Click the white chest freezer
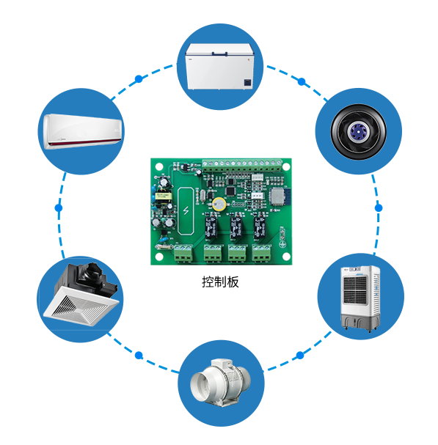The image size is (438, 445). tap(219, 67)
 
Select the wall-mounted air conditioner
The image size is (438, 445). tap(82, 131)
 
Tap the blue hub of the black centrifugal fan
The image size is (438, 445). tap(357, 131)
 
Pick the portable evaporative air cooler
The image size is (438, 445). tap(360, 298)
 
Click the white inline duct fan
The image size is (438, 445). tap(220, 381)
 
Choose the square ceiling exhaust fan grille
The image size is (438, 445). tap(81, 306)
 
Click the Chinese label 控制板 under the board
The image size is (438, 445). tap(220, 282)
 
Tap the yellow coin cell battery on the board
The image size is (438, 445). tap(219, 204)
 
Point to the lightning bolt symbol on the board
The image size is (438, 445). tap(186, 210)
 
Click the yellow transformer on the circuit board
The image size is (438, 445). tap(163, 196)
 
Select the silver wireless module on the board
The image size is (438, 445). tap(277, 196)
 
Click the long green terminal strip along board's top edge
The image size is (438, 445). tap(241, 166)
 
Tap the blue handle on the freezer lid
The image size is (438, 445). tap(220, 54)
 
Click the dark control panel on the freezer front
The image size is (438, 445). tap(248, 83)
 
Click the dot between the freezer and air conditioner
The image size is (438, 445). tap(139, 79)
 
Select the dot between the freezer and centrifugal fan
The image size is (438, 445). tap(302, 81)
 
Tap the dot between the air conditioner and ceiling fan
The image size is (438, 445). tap(59, 208)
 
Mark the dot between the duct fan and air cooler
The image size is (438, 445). tap(300, 355)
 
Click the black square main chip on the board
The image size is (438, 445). tap(230, 191)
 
